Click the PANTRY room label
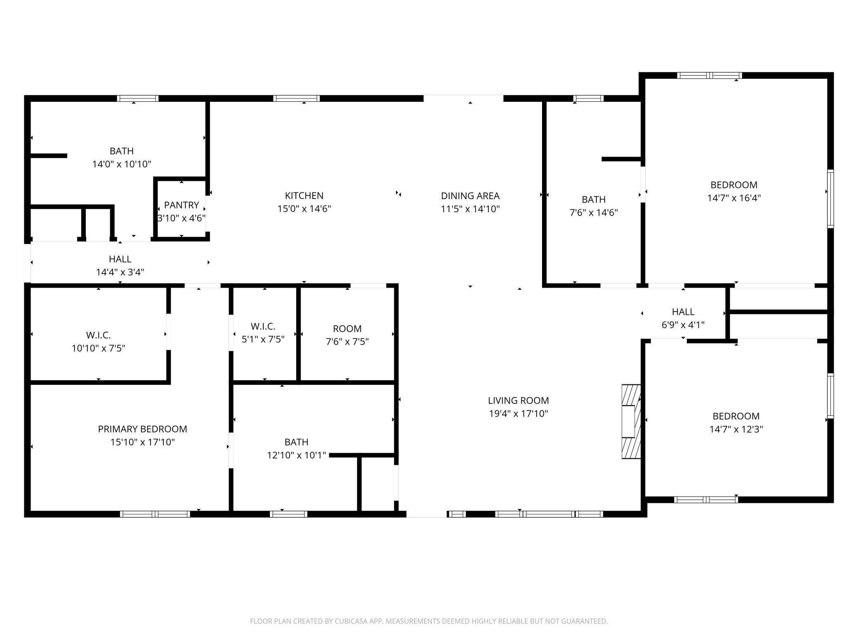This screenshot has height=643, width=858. click(x=181, y=205)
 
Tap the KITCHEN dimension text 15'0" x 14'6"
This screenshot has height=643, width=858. click(x=304, y=209)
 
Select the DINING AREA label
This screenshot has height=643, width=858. click(x=470, y=196)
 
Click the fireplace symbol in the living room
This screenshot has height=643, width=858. click(x=631, y=421)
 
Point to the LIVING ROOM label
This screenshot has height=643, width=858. click(x=518, y=400)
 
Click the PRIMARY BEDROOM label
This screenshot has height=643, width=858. click(x=142, y=429)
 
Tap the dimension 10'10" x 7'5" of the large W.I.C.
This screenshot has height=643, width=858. click(x=98, y=348)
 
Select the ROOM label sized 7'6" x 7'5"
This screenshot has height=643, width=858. click(x=347, y=329)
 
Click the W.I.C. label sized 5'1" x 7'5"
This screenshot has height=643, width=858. click(x=263, y=326)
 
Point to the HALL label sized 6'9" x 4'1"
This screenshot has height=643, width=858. click(x=683, y=312)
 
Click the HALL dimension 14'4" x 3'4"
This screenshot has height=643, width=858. click(x=120, y=272)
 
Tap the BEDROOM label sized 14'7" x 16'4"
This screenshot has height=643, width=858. click(x=733, y=185)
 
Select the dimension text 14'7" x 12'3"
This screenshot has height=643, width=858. click(x=736, y=429)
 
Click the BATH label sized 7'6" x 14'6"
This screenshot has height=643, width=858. click(x=593, y=199)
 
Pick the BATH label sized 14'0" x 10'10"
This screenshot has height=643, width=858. click(x=121, y=151)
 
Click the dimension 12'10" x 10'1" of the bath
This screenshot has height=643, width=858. click(x=296, y=455)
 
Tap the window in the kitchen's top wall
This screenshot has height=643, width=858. click(x=296, y=99)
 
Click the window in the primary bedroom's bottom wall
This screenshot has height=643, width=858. click(x=155, y=514)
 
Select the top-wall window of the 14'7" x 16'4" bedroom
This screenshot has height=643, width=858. click(x=709, y=75)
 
